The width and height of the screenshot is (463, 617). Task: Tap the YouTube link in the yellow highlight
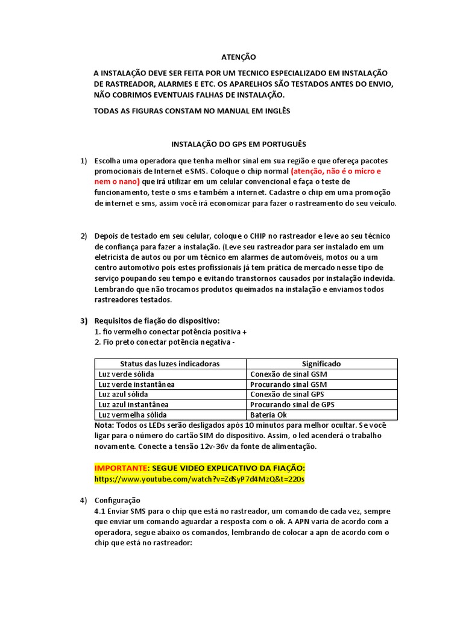(200, 479)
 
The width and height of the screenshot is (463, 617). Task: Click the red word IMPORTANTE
(121, 468)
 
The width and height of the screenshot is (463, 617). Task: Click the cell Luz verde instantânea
(136, 384)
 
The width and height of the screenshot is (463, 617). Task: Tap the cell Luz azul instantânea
(133, 405)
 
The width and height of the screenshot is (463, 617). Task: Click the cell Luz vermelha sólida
(132, 415)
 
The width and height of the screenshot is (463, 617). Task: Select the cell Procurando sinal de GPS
(292, 405)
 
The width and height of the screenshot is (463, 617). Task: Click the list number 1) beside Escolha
(84, 161)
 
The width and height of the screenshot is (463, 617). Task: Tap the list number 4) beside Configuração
(84, 500)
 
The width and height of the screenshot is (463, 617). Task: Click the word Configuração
(118, 500)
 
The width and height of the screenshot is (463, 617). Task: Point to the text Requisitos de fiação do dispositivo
(157, 320)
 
